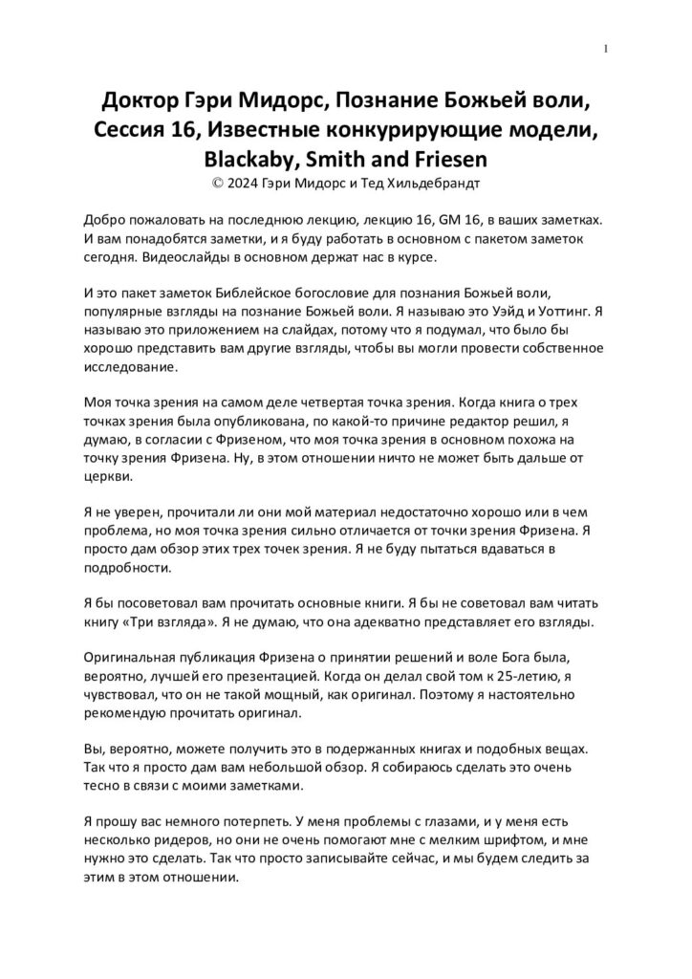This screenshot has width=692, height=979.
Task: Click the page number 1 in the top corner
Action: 607,49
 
